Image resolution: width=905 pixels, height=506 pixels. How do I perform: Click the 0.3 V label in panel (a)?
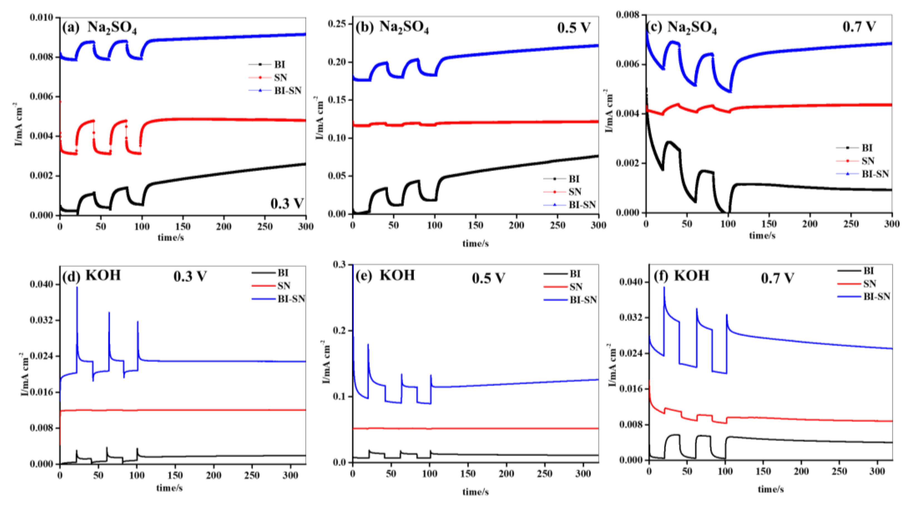click(286, 204)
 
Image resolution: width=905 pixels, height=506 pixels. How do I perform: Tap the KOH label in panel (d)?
click(103, 275)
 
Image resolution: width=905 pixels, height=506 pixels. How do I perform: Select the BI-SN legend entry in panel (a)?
click(287, 91)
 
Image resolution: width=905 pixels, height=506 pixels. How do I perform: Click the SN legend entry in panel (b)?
click(575, 192)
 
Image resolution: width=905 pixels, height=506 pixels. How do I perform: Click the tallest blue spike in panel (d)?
click(77, 288)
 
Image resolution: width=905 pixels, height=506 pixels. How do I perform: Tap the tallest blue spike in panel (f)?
click(664, 288)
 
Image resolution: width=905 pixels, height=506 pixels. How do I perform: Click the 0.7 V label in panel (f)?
click(777, 278)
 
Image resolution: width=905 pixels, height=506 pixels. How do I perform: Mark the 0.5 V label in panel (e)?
click(488, 278)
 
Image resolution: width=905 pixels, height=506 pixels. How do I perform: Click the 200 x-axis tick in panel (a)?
click(224, 227)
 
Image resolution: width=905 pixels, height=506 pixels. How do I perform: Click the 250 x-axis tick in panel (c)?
click(851, 224)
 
